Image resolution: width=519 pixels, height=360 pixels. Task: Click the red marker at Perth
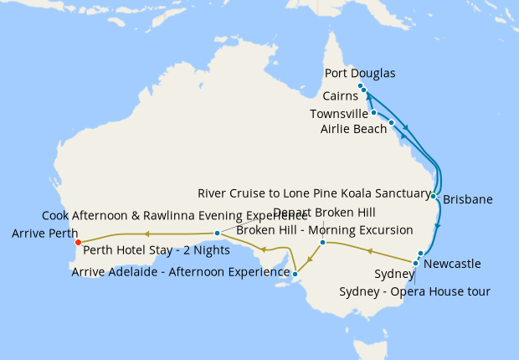[77, 243]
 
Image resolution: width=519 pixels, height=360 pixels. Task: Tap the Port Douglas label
[359, 74]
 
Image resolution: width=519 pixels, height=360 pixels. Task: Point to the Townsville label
[338, 114]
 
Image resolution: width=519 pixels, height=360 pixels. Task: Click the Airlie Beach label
[354, 129]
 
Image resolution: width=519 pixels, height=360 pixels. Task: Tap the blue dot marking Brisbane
[433, 196]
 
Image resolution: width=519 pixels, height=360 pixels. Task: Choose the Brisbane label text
[467, 200]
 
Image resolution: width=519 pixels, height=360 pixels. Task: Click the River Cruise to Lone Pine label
[314, 193]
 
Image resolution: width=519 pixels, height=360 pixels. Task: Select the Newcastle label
[453, 264]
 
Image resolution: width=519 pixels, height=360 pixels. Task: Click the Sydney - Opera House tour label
[414, 291]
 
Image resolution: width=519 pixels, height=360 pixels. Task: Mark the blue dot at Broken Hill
[322, 243]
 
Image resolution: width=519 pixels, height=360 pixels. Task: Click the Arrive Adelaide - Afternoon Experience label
[180, 271]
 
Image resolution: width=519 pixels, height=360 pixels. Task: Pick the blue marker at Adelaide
[295, 273]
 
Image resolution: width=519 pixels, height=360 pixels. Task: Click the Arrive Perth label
[45, 234]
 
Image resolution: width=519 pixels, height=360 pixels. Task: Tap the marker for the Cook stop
[217, 233]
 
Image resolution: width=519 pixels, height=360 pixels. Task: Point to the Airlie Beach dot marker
[391, 122]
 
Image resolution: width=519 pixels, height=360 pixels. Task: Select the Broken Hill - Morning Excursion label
[325, 229]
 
